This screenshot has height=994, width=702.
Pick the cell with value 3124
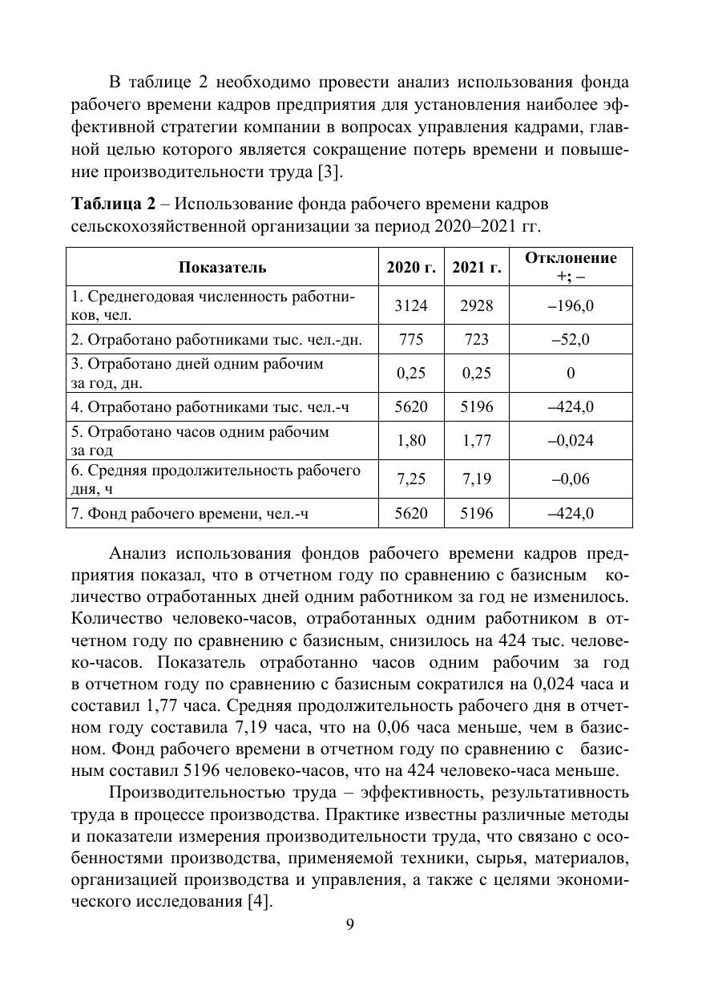[411, 306]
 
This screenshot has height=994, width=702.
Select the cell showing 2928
[476, 306]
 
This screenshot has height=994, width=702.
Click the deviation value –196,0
[571, 306]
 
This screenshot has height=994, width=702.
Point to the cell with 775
[411, 340]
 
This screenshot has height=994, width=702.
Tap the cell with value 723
[476, 340]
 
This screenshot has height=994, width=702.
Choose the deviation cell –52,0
[571, 340]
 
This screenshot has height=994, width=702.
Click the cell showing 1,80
[411, 440]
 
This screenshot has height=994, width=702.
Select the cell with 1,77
[476, 440]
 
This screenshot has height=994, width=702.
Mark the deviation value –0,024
[571, 440]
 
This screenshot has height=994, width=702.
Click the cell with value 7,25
[411, 479]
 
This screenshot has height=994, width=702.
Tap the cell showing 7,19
[476, 479]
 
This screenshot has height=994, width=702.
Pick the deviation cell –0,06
[571, 479]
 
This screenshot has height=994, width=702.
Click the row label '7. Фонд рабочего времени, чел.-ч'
[190, 514]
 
